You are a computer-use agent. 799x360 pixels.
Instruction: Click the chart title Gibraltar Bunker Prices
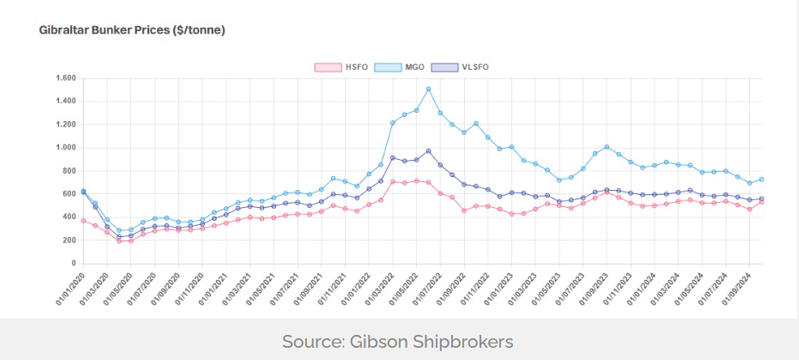click(x=132, y=30)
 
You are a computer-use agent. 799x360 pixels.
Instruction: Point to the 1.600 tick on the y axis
click(x=66, y=78)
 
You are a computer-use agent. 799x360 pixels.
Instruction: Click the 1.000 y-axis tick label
click(x=66, y=148)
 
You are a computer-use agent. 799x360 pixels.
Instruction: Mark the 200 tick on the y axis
click(x=68, y=240)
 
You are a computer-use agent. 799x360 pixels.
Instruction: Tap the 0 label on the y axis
click(x=74, y=263)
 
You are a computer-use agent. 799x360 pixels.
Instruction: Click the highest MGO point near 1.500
click(x=428, y=89)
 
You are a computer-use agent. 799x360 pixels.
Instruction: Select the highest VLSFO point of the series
click(x=428, y=151)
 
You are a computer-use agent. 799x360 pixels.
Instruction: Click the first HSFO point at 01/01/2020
click(x=83, y=221)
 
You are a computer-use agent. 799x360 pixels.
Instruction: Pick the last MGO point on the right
click(x=761, y=179)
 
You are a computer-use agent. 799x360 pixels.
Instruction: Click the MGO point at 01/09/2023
click(x=607, y=147)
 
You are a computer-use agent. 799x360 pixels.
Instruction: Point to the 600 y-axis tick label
click(x=68, y=194)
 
